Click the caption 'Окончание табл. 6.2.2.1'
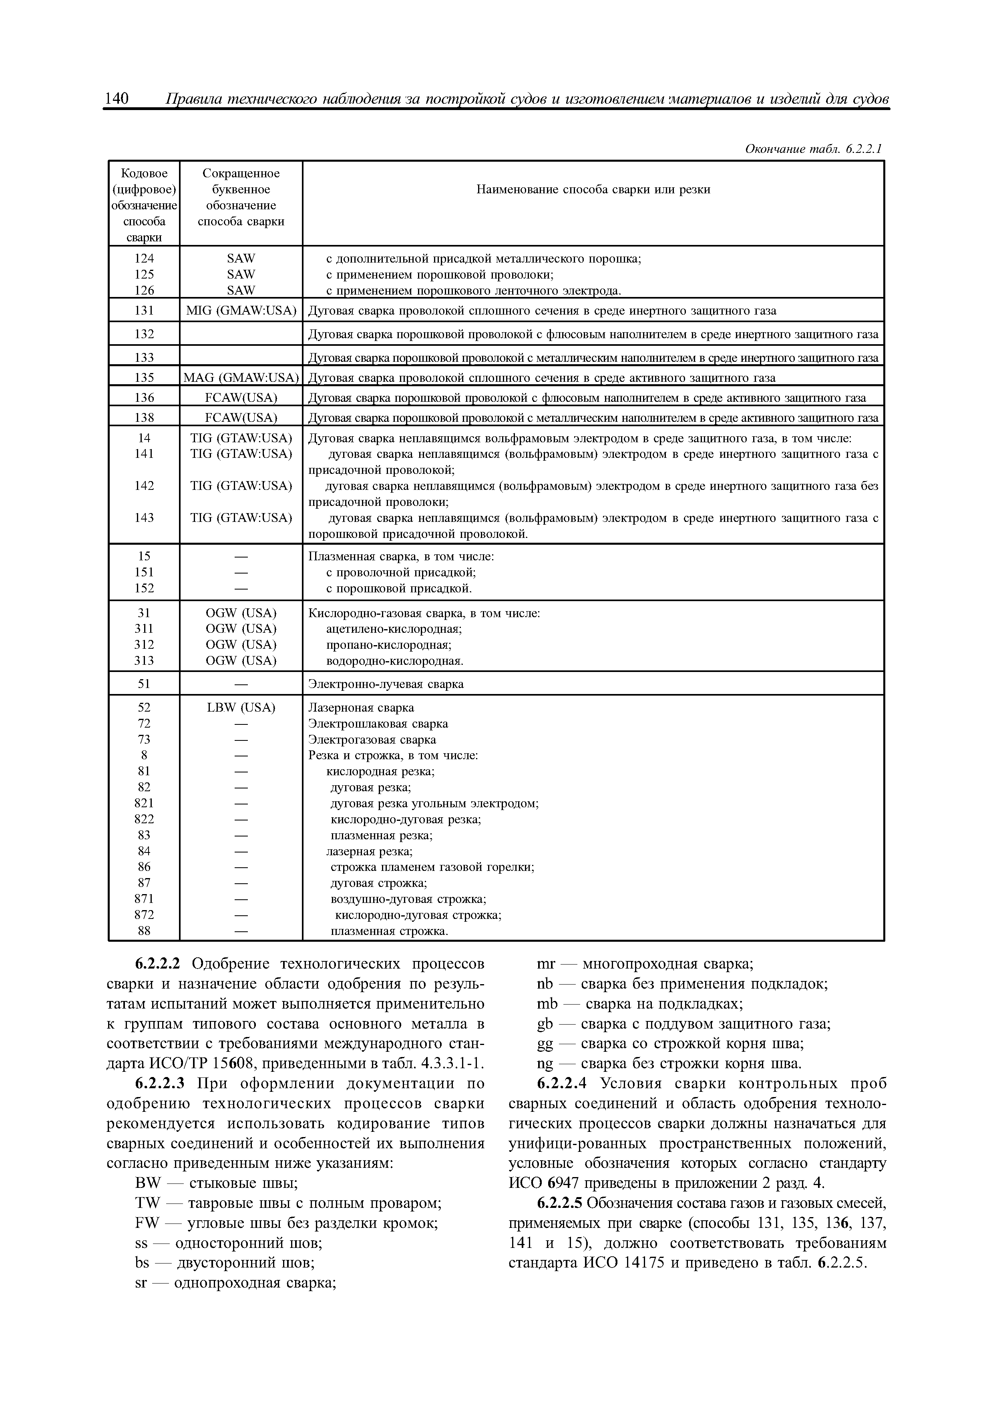coord(813,149)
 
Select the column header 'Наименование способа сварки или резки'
coord(593,190)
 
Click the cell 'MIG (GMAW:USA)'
coord(241,311)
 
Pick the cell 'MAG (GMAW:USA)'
coord(241,378)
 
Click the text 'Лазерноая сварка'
coord(361,708)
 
